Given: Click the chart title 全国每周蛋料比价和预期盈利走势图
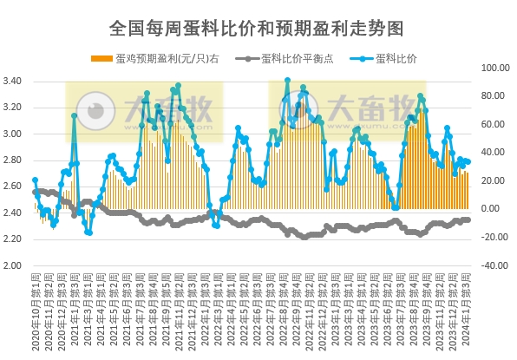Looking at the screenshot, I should [258, 28].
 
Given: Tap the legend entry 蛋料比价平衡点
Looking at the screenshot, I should [295, 58].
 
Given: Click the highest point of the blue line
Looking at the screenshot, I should [287, 81].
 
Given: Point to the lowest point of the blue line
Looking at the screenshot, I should [88, 232].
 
